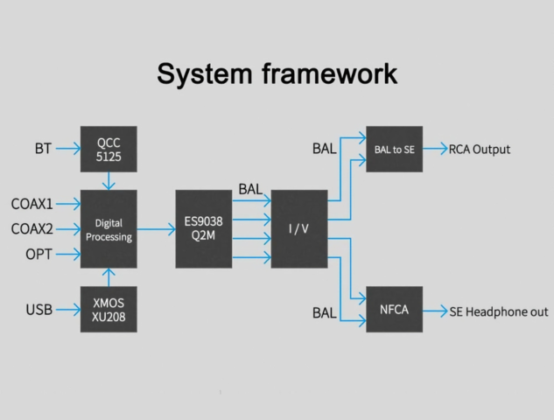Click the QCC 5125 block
(109, 149)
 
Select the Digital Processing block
(109, 229)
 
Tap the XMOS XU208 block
(109, 310)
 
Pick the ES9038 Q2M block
(204, 229)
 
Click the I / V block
(299, 229)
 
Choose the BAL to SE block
(395, 149)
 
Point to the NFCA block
(395, 310)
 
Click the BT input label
(43, 149)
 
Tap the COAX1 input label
(32, 204)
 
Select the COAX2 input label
(32, 229)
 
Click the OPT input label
(39, 255)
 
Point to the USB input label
(39, 310)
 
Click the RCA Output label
(480, 150)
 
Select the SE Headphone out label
(499, 311)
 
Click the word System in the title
(205, 74)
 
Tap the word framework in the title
(330, 73)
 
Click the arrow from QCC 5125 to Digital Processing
(109, 181)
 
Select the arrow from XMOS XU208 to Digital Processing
(109, 277)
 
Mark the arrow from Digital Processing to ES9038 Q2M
(156, 229)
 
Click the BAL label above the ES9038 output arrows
(250, 189)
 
